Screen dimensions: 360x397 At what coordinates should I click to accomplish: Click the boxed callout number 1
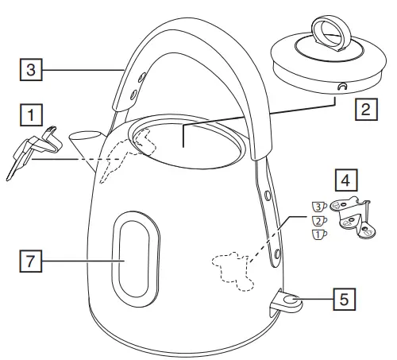[30, 115]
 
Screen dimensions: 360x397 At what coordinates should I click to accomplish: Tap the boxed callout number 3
[30, 69]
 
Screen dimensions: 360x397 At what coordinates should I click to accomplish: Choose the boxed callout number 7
[30, 259]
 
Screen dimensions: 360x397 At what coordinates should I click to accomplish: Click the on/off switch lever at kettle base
[286, 302]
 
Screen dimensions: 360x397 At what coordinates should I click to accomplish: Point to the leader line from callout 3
[79, 69]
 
